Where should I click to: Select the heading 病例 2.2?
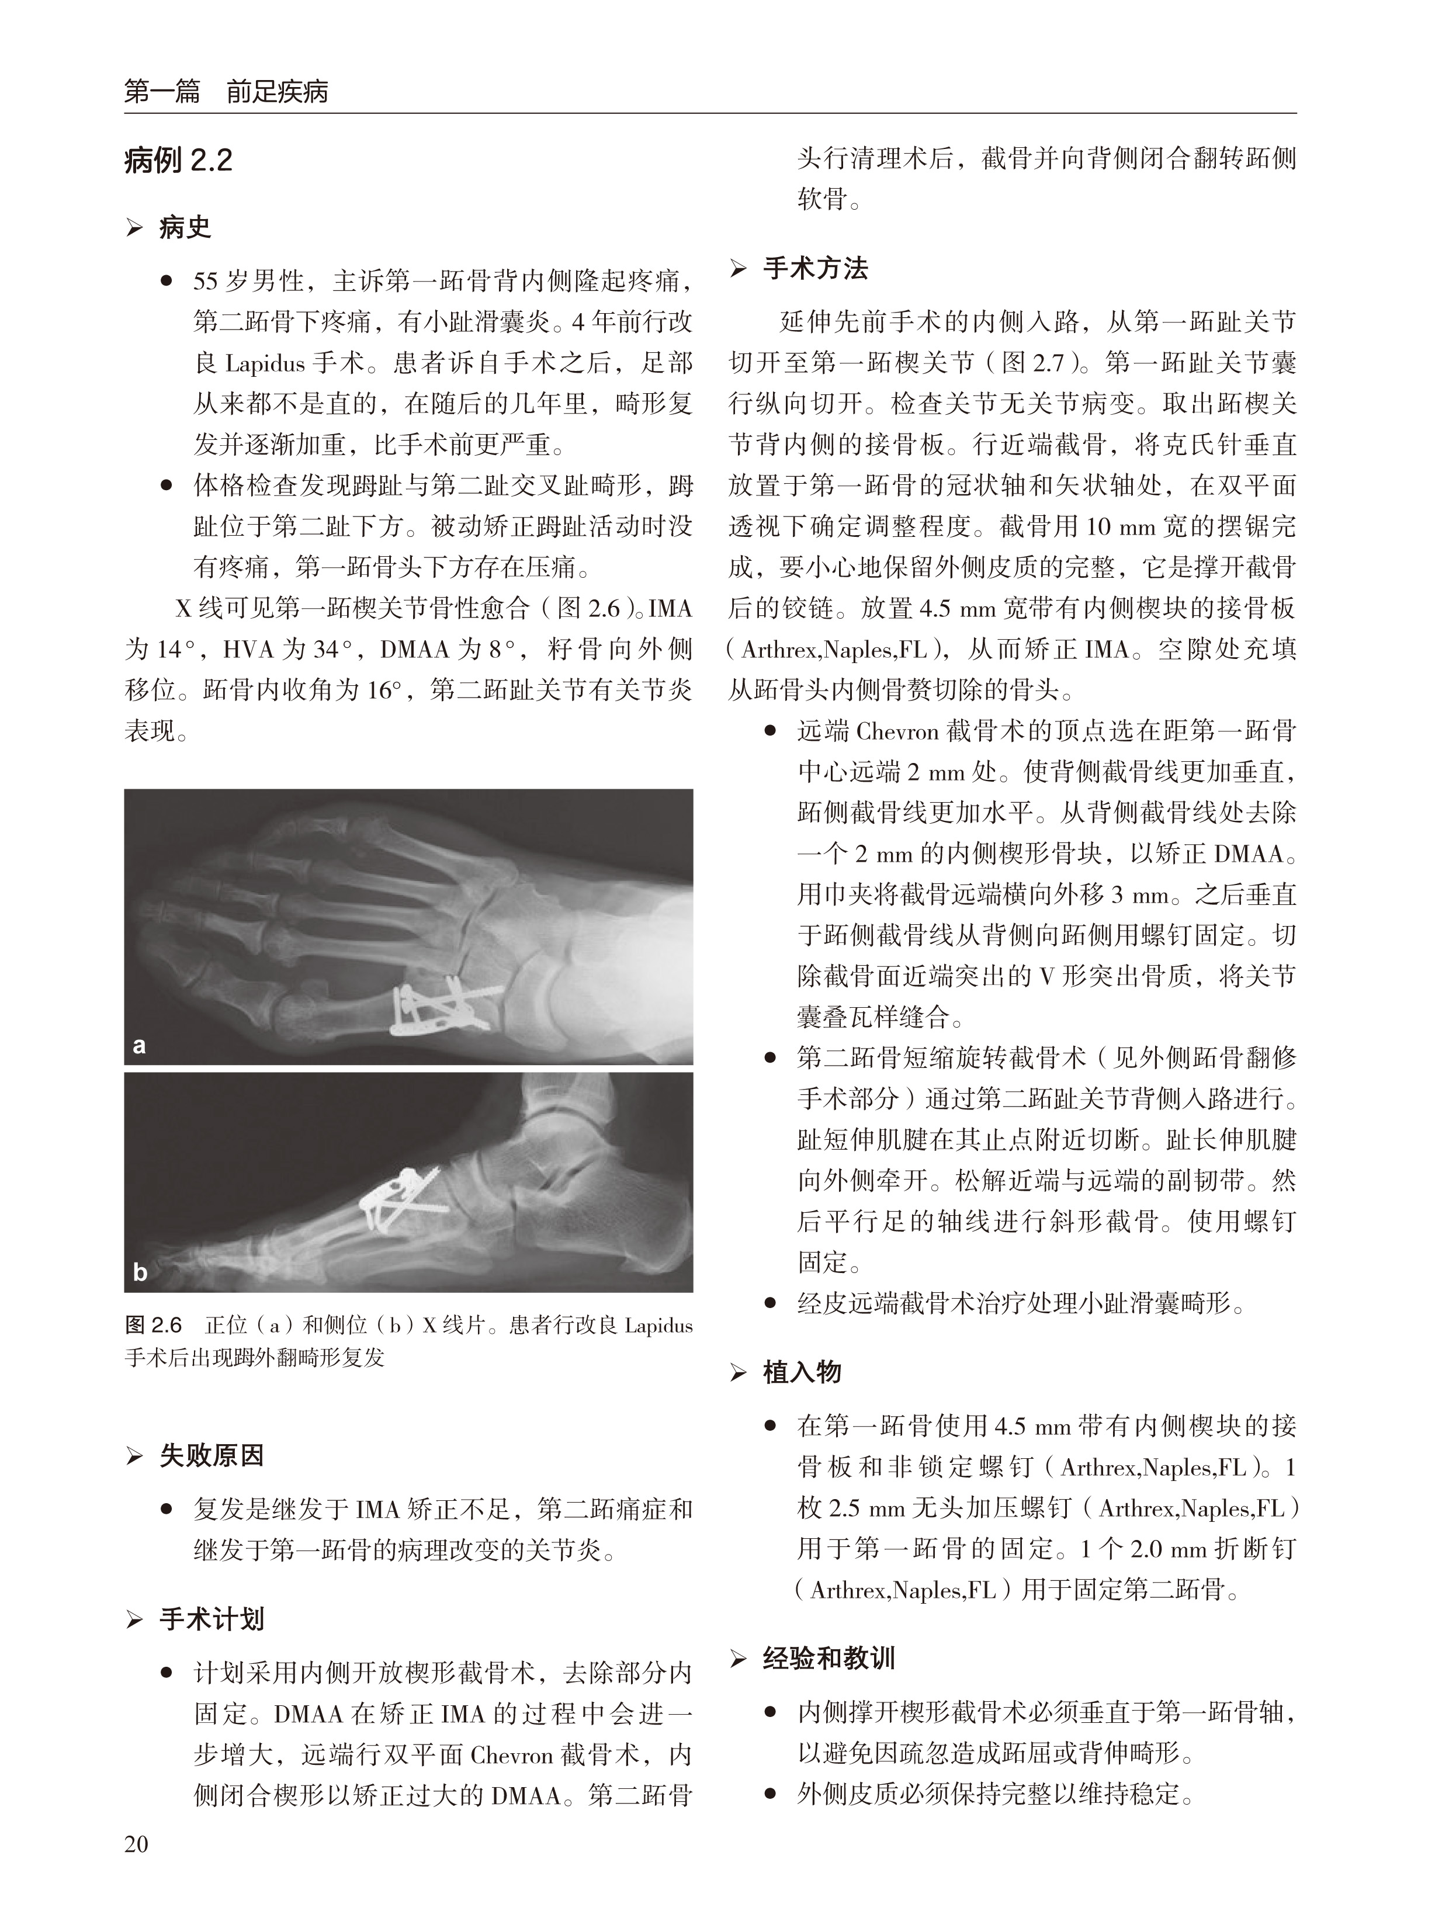(x=178, y=161)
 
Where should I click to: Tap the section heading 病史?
(x=184, y=228)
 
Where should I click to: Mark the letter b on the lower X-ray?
(x=140, y=1272)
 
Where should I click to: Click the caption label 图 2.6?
(x=154, y=1326)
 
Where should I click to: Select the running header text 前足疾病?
(x=277, y=92)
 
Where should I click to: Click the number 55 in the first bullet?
(x=205, y=281)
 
